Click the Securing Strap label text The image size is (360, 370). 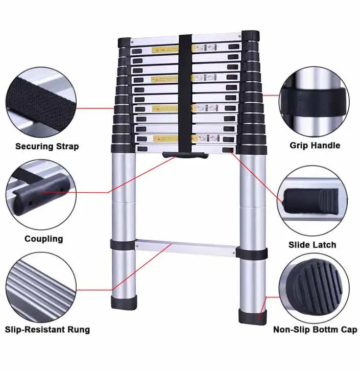point(47,147)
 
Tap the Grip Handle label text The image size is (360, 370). point(315,146)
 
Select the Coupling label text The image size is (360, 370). point(44,239)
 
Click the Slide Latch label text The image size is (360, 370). point(313,245)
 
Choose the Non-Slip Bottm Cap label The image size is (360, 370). point(315,330)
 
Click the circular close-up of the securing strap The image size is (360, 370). point(41,101)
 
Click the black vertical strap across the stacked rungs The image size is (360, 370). point(185,92)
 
